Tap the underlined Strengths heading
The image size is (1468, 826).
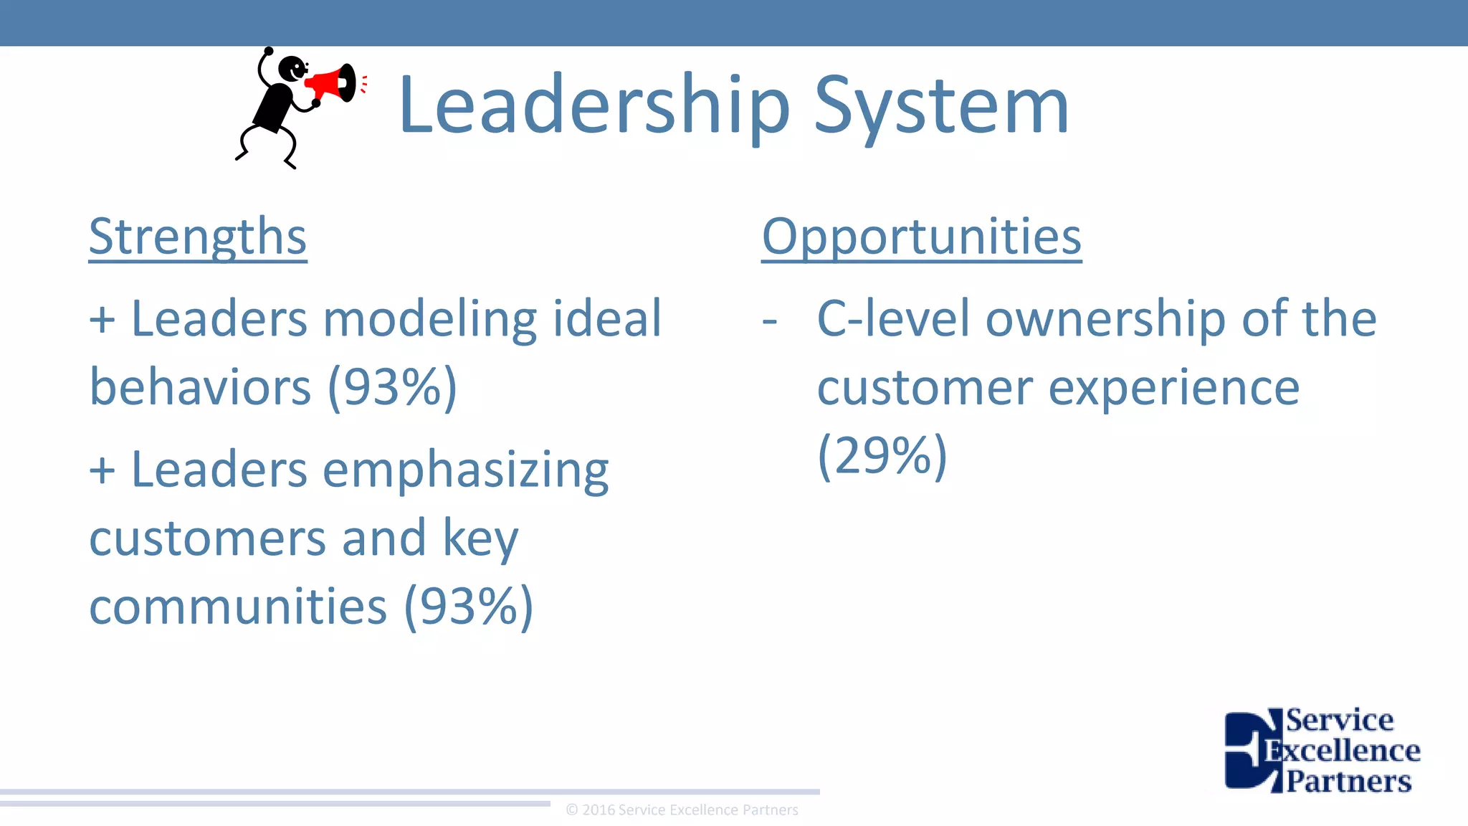pyautogui.click(x=198, y=237)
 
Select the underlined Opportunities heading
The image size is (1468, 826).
pyautogui.click(x=921, y=237)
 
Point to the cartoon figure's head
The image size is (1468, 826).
pyautogui.click(x=292, y=69)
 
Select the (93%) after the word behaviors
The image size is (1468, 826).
pyautogui.click(x=392, y=388)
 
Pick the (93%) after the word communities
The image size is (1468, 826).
pyautogui.click(x=469, y=607)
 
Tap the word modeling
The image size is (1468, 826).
pyautogui.click(x=430, y=319)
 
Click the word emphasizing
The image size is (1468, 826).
pyautogui.click(x=466, y=471)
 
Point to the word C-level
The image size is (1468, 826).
pyautogui.click(x=893, y=318)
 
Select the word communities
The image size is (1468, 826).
pyautogui.click(x=238, y=607)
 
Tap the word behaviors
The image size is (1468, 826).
pyautogui.click(x=200, y=388)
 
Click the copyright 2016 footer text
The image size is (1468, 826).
pyautogui.click(x=682, y=810)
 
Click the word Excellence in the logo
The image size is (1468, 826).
pyautogui.click(x=1342, y=751)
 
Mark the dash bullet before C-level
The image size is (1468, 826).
pyautogui.click(x=770, y=321)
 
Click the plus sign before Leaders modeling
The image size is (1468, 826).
pyautogui.click(x=102, y=320)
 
